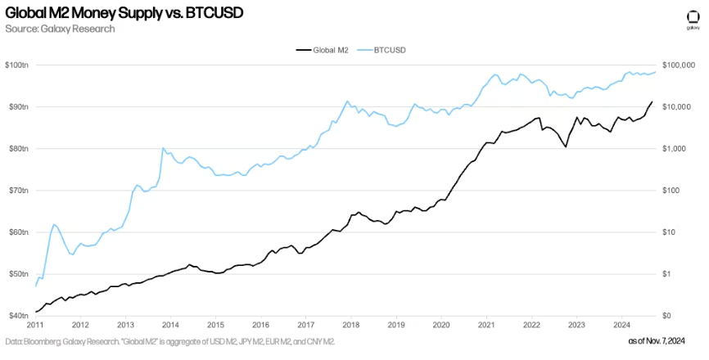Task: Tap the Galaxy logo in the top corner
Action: (x=692, y=18)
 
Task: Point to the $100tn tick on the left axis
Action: (x=16, y=65)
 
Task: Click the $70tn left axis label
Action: (x=16, y=190)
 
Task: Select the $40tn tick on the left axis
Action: (x=16, y=316)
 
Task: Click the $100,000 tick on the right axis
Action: (x=680, y=65)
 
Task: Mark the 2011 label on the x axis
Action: (x=36, y=324)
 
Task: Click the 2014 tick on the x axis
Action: (x=170, y=324)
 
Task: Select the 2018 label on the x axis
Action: (x=350, y=324)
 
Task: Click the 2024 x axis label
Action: (x=621, y=324)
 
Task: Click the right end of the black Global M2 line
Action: (x=652, y=102)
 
